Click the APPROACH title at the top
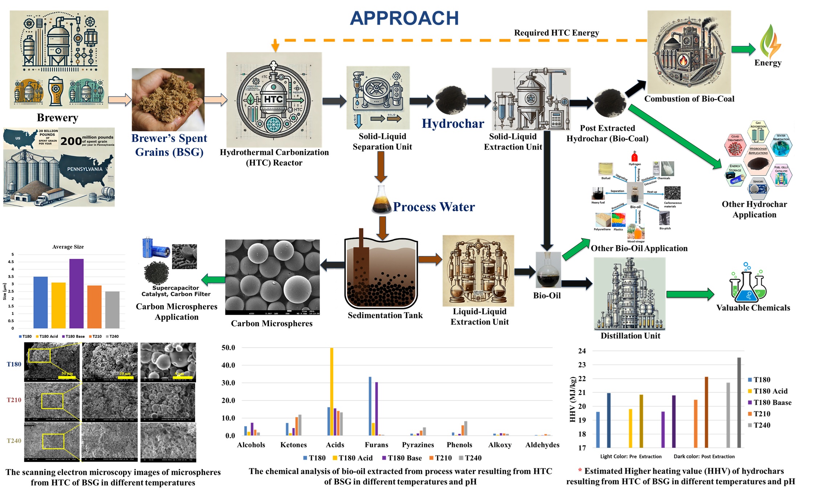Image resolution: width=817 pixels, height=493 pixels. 404,18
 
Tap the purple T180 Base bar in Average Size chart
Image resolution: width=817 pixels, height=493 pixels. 76,294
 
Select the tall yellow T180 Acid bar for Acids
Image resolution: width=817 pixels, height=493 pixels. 332,391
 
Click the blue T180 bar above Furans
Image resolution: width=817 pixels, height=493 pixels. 370,406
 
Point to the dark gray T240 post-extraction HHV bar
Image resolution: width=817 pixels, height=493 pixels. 739,402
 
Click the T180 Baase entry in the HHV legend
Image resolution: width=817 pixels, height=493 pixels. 772,402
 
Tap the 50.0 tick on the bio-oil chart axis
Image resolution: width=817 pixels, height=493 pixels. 228,348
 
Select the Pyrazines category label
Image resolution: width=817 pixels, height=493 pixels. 418,445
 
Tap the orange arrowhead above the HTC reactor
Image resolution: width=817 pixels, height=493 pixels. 275,46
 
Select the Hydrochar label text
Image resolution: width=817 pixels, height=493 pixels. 453,124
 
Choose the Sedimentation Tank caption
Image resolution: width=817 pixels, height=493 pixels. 385,315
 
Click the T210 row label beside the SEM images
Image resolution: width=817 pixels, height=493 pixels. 14,400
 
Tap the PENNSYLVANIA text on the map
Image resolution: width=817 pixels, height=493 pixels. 85,169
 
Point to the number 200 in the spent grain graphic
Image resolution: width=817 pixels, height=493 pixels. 71,141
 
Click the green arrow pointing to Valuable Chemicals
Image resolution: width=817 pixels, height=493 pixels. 690,294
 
